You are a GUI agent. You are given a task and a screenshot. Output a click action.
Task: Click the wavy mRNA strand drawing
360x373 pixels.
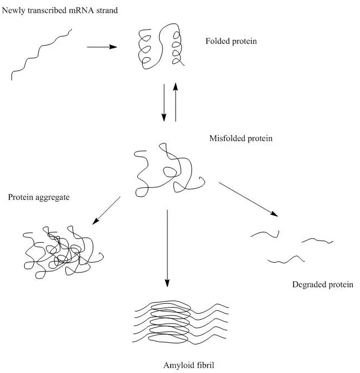point(42,55)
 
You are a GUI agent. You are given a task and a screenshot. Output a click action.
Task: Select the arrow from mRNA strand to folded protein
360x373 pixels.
point(102,47)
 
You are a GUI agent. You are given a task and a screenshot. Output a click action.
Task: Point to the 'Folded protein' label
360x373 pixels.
point(231,41)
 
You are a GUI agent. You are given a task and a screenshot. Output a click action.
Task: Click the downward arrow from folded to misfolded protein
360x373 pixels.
point(164,103)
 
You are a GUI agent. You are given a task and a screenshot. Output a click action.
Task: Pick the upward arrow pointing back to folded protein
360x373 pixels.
point(176,103)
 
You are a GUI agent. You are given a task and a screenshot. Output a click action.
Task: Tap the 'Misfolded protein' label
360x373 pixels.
point(240,138)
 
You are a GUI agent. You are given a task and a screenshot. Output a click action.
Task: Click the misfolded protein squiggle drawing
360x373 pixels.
point(168,171)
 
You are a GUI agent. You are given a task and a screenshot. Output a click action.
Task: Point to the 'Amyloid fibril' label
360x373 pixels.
point(186,364)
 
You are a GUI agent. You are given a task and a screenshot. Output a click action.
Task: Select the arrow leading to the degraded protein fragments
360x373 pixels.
point(248,199)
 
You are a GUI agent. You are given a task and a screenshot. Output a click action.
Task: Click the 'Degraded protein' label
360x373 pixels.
point(323,285)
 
